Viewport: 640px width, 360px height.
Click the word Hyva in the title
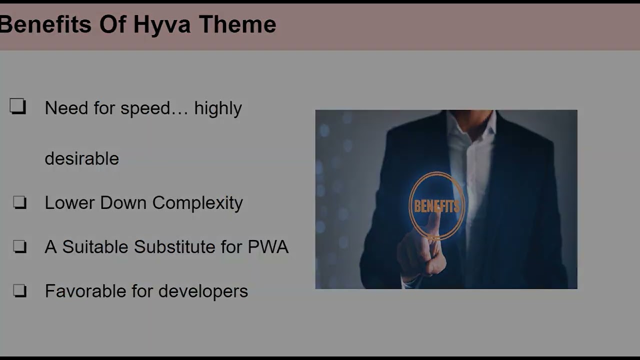pyautogui.click(x=161, y=25)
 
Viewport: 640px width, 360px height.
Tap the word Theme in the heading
pyautogui.click(x=237, y=25)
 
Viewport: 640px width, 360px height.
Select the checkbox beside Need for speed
pyautogui.click(x=18, y=106)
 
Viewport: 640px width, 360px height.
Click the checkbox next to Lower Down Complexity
pyautogui.click(x=19, y=202)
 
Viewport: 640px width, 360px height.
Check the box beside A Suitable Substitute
pyautogui.click(x=19, y=246)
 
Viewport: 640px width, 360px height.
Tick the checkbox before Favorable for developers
pyautogui.click(x=19, y=291)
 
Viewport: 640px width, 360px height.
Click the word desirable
pyautogui.click(x=81, y=158)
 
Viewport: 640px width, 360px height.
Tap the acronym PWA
pyautogui.click(x=268, y=247)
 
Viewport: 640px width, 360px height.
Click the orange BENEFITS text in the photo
pyautogui.click(x=436, y=206)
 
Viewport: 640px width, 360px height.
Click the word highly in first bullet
pyautogui.click(x=218, y=108)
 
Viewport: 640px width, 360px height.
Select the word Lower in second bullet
pyautogui.click(x=70, y=203)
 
